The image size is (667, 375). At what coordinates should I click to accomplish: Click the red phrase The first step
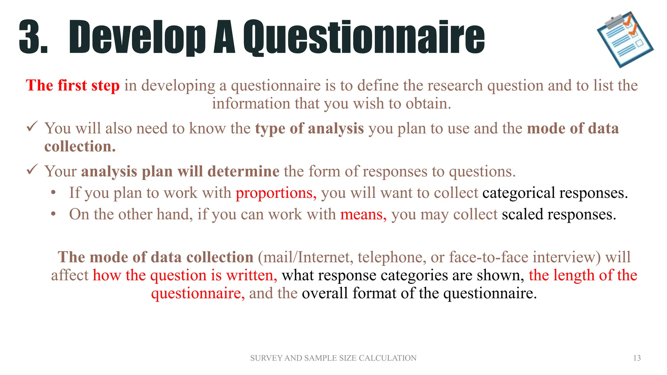[73, 86]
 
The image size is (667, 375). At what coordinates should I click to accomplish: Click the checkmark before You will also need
[32, 127]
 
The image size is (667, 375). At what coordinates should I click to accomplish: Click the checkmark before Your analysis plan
[32, 170]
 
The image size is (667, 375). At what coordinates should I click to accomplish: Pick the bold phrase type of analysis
[309, 128]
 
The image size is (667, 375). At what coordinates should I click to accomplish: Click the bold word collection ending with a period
[80, 146]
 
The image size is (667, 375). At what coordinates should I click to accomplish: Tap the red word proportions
[276, 193]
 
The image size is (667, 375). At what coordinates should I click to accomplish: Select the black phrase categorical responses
[555, 193]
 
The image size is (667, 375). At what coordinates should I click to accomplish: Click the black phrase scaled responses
[559, 215]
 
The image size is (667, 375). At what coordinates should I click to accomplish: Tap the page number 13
[637, 358]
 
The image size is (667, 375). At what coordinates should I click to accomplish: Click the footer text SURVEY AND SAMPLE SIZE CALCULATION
[333, 358]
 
